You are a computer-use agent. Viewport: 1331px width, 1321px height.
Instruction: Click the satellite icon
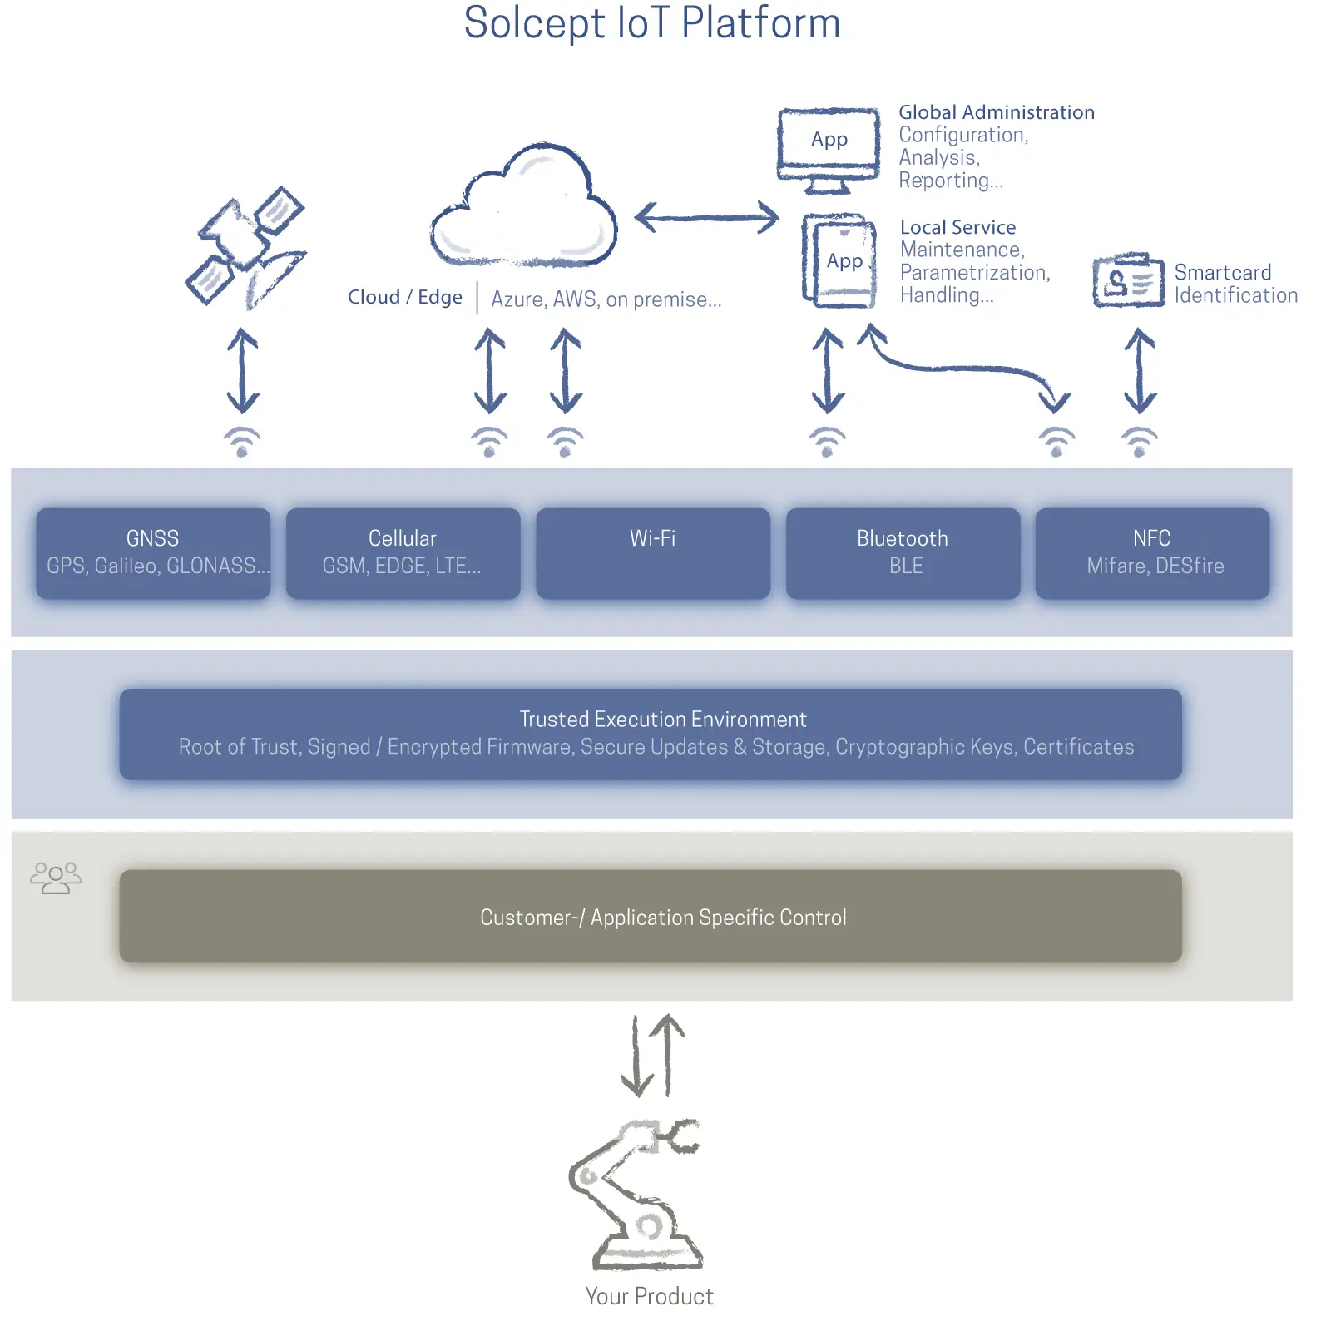[245, 247]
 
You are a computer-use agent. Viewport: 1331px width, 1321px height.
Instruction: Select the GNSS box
[153, 552]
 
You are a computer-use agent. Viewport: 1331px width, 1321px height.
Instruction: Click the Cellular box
[403, 552]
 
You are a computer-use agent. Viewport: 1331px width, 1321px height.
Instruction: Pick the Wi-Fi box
[653, 552]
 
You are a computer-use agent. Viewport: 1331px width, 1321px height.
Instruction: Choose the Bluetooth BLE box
[903, 552]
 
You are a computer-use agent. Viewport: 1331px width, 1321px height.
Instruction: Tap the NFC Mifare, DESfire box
[1152, 552]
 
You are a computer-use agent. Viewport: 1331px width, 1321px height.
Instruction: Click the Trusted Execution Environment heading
[663, 719]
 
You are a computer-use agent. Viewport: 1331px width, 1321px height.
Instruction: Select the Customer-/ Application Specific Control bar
[651, 916]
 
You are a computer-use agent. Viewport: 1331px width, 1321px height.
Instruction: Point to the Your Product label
[649, 1296]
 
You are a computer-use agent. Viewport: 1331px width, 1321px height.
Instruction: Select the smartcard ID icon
[1127, 281]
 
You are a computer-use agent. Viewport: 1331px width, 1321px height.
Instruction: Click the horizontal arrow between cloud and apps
[707, 218]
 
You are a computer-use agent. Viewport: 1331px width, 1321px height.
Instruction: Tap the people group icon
[56, 878]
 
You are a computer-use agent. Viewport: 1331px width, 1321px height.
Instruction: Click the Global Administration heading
[997, 112]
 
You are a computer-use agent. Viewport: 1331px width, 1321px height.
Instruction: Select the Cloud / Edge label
[405, 297]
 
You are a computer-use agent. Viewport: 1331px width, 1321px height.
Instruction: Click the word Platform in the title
[760, 23]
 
